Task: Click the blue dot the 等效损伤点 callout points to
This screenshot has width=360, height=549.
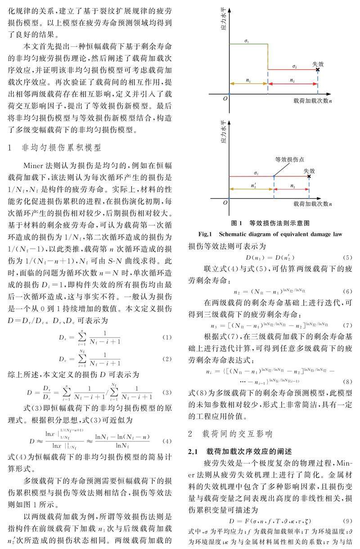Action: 274,176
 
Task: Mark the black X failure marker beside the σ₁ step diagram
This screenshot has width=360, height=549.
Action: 318,69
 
